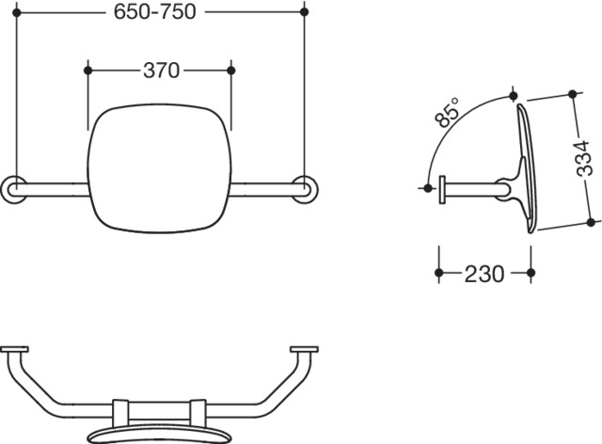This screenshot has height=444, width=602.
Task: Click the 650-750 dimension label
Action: tap(154, 12)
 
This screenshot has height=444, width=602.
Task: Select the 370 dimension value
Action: tap(161, 71)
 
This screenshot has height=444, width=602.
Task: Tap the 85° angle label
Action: tap(448, 112)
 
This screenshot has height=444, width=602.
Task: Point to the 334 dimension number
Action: tap(583, 158)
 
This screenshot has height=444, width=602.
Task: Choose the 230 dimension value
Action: tap(484, 274)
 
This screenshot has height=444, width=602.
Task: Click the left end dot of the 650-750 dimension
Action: tap(17, 12)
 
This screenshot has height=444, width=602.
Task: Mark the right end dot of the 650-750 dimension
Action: tap(305, 12)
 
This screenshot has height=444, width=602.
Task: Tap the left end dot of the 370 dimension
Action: tap(87, 71)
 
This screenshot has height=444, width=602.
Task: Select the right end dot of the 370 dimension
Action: tap(231, 71)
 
